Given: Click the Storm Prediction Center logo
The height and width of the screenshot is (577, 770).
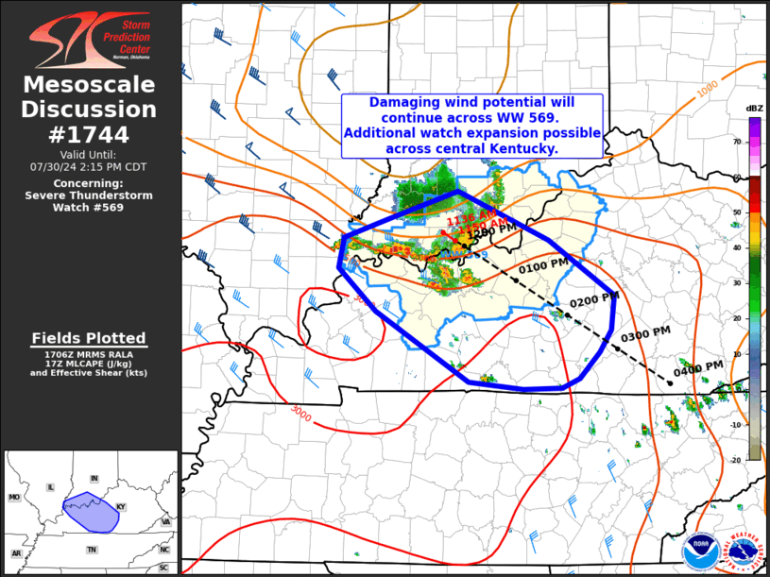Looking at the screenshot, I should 90,37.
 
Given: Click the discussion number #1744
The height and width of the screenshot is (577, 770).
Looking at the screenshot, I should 90,134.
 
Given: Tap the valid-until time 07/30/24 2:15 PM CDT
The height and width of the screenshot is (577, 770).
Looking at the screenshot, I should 89,166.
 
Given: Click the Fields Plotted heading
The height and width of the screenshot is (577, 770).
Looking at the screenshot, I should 89,338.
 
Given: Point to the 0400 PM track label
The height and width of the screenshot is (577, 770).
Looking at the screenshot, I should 699,367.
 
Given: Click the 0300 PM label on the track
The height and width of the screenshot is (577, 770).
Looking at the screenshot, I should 646,333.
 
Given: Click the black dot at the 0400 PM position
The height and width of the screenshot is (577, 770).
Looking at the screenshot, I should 669,382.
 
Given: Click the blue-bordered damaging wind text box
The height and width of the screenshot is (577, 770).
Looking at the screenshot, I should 471,126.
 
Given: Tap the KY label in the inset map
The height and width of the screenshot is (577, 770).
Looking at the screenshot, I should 120,507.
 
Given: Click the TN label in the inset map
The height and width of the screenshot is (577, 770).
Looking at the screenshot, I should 92,550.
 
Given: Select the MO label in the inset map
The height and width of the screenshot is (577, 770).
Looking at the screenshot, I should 14,497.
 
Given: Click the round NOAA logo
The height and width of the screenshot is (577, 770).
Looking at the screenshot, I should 700,549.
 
